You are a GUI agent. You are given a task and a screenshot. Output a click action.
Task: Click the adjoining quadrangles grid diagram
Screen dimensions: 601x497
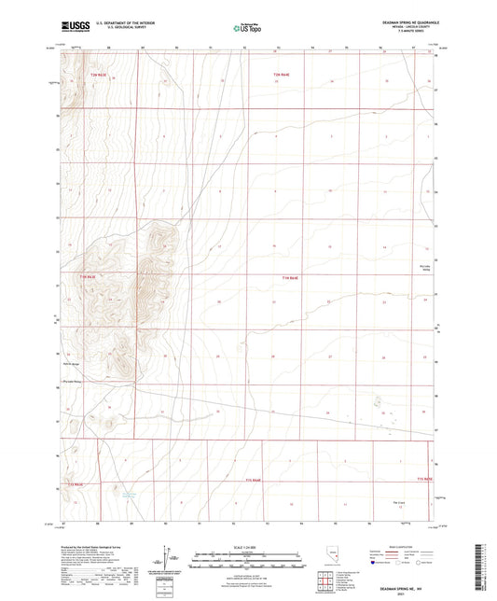click(x=324, y=585)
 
